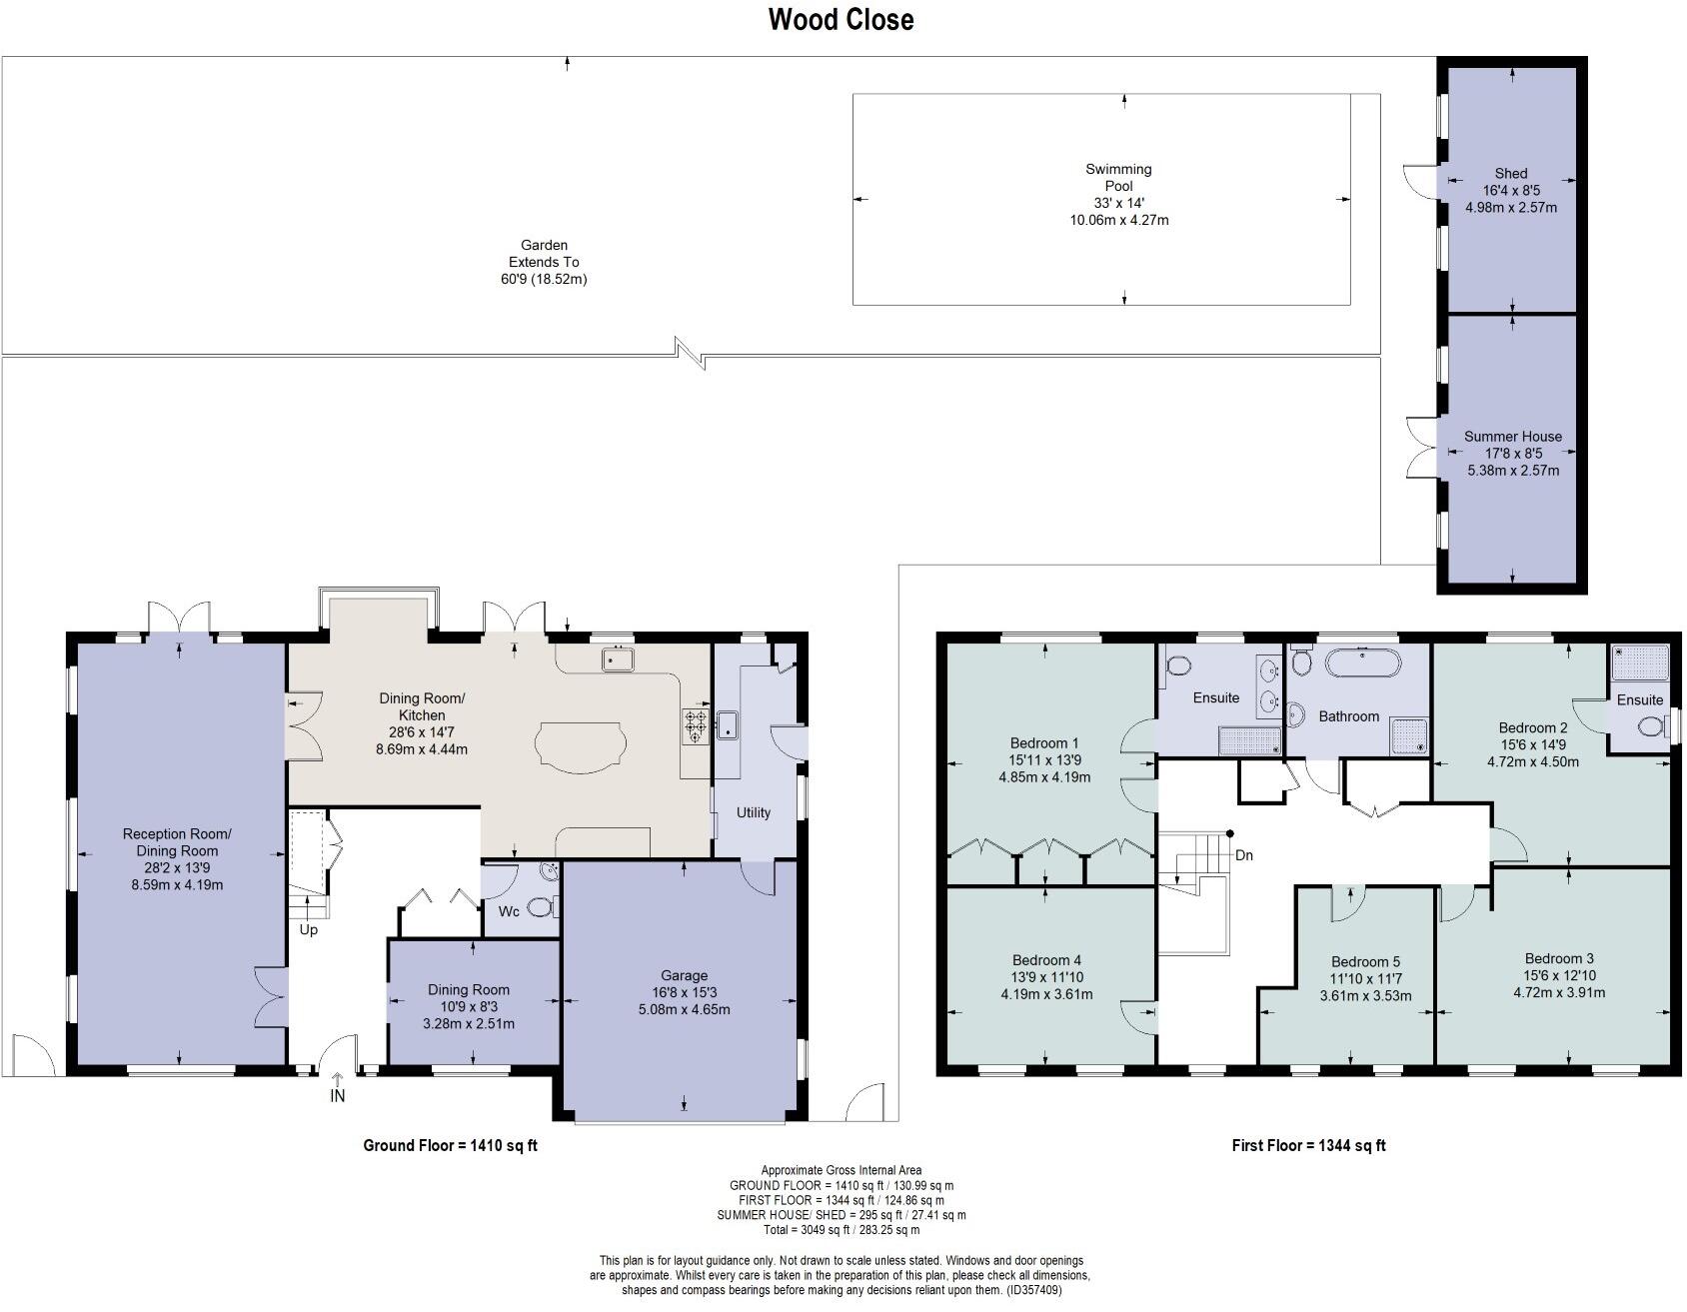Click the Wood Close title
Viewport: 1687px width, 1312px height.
tap(841, 20)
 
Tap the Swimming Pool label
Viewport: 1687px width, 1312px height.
tap(1118, 178)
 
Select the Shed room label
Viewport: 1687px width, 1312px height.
tap(1510, 173)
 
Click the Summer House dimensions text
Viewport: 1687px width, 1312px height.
tap(1511, 462)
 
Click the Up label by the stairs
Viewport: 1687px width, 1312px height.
tap(309, 929)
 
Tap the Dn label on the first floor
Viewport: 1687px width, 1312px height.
tap(1243, 855)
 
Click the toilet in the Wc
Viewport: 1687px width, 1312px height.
tap(541, 907)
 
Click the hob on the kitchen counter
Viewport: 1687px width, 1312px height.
tap(696, 726)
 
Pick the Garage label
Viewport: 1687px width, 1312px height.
tap(684, 975)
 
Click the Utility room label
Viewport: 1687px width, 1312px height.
tap(754, 812)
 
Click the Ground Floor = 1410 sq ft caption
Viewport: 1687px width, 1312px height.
tap(450, 1146)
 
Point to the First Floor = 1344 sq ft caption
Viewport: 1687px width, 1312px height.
tap(1308, 1146)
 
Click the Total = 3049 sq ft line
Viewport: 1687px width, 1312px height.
tap(841, 1230)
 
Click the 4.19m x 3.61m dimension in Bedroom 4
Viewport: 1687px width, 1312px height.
tap(1046, 994)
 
